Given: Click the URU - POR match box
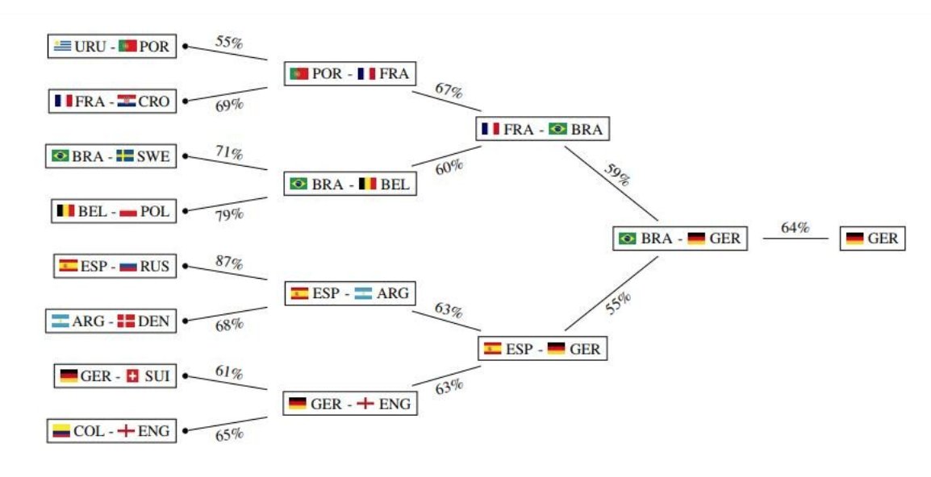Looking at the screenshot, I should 111,47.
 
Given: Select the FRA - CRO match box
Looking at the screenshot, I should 111,102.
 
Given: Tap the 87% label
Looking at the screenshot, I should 230,263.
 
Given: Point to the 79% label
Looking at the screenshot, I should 229,214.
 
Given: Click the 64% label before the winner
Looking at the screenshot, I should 795,228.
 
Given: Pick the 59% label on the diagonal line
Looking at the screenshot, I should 616,175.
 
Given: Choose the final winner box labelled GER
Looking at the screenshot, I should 872,239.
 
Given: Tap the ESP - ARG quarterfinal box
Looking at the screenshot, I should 349,293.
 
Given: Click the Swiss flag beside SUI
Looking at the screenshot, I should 133,376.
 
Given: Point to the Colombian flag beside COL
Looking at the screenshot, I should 61,431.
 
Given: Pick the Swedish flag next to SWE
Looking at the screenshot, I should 125,156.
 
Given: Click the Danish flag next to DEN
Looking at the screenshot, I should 125,321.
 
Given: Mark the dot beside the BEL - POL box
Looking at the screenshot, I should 186,211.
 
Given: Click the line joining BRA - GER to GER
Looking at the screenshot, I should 795,238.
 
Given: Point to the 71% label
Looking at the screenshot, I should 230,153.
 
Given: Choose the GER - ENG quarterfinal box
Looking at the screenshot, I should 349,404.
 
